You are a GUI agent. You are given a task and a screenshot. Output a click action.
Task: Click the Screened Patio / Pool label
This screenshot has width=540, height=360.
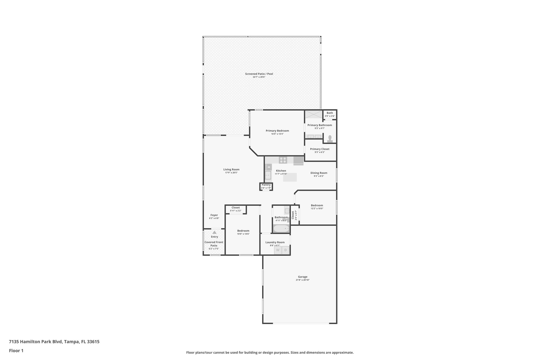click(x=259, y=74)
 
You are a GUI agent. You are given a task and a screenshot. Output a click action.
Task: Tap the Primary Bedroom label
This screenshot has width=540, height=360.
click(x=277, y=131)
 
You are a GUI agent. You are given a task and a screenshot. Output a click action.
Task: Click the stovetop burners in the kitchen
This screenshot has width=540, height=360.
click(x=283, y=160)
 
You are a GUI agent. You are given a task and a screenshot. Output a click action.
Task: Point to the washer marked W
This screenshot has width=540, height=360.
click(x=278, y=250)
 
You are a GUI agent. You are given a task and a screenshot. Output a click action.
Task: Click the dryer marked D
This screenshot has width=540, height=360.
click(x=286, y=250)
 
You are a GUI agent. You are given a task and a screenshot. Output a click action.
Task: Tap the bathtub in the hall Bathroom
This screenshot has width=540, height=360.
click(x=281, y=228)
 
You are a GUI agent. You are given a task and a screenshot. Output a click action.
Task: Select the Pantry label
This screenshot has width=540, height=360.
click(x=266, y=185)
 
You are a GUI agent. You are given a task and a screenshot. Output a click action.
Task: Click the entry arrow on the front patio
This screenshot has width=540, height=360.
click(x=214, y=232)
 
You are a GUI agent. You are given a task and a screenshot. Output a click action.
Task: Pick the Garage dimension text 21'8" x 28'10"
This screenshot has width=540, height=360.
click(x=302, y=280)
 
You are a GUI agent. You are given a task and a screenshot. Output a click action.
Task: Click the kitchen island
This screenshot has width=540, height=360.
click(x=290, y=177)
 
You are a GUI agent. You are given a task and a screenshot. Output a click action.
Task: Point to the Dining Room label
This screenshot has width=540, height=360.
click(x=319, y=173)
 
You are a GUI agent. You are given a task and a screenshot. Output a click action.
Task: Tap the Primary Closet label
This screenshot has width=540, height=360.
click(x=320, y=149)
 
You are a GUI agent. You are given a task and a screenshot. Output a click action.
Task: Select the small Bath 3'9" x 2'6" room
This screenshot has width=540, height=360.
click(x=330, y=114)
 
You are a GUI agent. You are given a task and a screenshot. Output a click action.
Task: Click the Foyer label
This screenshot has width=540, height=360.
click(x=214, y=215)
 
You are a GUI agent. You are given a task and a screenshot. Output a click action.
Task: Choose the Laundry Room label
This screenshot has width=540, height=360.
click(x=275, y=242)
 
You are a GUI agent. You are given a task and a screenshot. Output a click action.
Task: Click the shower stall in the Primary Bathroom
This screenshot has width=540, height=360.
click(x=314, y=114)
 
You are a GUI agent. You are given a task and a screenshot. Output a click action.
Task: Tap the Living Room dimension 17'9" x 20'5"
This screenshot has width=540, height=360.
click(x=231, y=173)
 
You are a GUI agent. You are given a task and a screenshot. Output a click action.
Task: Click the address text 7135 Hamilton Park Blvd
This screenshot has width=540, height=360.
click(x=36, y=342)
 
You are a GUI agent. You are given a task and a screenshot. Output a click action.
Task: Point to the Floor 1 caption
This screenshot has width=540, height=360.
click(x=16, y=351)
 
